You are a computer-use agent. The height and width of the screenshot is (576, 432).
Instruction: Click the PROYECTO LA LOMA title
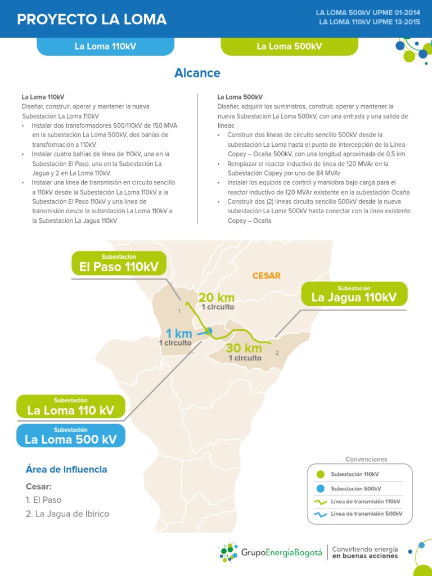[x=92, y=20]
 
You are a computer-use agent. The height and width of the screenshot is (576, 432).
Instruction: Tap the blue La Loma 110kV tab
[x=105, y=46]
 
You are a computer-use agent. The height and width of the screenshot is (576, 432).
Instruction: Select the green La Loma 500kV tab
[x=289, y=46]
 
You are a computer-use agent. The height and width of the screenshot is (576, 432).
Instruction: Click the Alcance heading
[x=197, y=73]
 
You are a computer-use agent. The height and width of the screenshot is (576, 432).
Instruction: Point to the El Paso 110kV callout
[x=119, y=263]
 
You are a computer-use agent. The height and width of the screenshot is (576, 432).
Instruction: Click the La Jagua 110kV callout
[x=354, y=294]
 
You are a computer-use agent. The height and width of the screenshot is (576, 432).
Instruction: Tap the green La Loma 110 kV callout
[x=70, y=407]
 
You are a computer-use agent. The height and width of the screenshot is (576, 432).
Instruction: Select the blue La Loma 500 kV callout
[x=70, y=436]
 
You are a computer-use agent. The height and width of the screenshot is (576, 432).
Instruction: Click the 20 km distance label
[x=217, y=298]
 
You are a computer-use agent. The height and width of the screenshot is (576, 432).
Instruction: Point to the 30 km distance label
[x=244, y=349]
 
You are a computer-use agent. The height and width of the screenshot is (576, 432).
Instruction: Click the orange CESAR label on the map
[x=266, y=276]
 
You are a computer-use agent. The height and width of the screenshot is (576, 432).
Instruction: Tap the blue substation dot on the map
[x=209, y=331]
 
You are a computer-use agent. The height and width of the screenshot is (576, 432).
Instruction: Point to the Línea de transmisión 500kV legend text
[x=366, y=514]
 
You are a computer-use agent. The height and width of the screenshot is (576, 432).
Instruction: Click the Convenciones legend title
[x=366, y=459]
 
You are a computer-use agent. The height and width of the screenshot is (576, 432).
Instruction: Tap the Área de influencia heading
[x=66, y=469]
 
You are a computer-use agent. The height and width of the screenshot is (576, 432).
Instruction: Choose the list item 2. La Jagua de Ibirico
[x=67, y=514]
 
